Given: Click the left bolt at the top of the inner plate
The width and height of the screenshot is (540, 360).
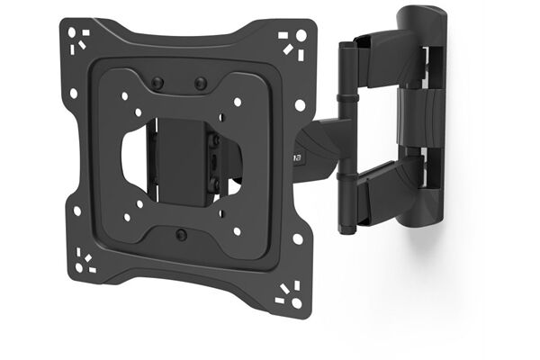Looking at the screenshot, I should pyautogui.click(x=158, y=83).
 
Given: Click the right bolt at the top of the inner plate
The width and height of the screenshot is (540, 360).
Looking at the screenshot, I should pyautogui.click(x=201, y=84).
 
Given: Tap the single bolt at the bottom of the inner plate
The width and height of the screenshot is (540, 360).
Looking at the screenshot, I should pyautogui.click(x=182, y=234).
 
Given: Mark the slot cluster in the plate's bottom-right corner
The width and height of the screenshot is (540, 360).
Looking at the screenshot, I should pyautogui.click(x=290, y=293).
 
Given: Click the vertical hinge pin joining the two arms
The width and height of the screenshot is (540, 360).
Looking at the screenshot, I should pyautogui.click(x=345, y=135).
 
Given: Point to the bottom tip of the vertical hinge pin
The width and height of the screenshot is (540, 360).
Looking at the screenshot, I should pyautogui.click(x=345, y=230).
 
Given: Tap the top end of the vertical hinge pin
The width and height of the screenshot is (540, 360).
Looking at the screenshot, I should pyautogui.click(x=345, y=43).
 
